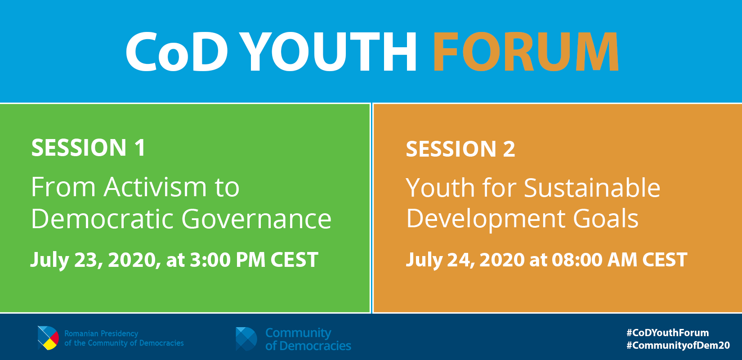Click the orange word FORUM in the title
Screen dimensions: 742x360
tap(526, 52)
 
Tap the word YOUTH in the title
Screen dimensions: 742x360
tap(328, 52)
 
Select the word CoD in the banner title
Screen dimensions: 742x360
tap(177, 52)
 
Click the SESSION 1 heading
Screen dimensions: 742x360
tap(89, 148)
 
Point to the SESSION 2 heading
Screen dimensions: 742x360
tap(460, 149)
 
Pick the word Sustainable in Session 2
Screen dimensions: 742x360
tap(592, 188)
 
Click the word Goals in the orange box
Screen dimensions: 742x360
tap(606, 218)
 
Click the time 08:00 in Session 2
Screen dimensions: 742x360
tap(577, 260)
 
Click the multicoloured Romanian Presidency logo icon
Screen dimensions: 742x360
tap(49, 338)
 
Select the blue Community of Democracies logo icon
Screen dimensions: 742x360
tap(246, 339)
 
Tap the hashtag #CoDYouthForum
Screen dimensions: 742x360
tap(668, 333)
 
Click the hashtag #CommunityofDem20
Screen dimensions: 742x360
tap(678, 346)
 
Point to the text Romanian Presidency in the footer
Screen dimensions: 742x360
tap(101, 333)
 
